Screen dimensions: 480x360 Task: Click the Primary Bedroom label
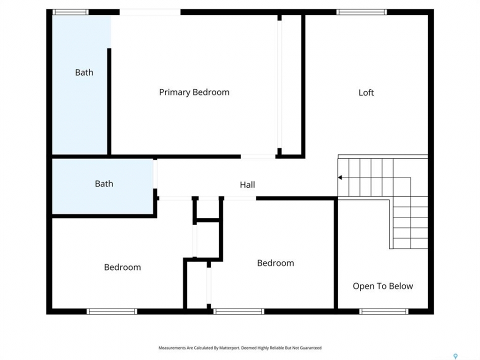click(x=194, y=92)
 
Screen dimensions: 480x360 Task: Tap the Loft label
click(x=366, y=92)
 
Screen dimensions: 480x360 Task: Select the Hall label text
click(x=247, y=184)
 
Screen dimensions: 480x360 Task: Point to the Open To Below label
click(x=382, y=286)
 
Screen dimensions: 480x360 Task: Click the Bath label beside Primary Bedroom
click(x=84, y=72)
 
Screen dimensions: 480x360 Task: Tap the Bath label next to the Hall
click(x=104, y=183)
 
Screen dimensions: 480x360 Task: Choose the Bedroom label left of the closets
click(x=122, y=267)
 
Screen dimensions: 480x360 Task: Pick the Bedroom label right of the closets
click(x=275, y=263)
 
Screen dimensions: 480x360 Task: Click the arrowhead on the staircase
click(x=340, y=177)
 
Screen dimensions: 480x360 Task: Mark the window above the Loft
click(x=361, y=12)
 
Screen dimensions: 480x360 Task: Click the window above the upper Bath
click(x=70, y=12)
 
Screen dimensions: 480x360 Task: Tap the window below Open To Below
click(x=383, y=311)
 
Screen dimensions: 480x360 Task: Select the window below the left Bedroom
click(x=111, y=311)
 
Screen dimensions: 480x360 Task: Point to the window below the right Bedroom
click(x=239, y=311)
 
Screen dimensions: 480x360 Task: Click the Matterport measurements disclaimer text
click(x=240, y=348)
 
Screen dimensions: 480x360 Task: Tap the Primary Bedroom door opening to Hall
click(x=258, y=156)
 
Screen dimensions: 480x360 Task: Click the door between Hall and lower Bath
click(x=155, y=174)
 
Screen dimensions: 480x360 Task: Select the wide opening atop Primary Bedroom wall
click(x=150, y=12)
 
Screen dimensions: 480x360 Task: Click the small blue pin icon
click(x=455, y=356)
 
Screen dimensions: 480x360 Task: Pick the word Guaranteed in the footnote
click(x=310, y=348)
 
